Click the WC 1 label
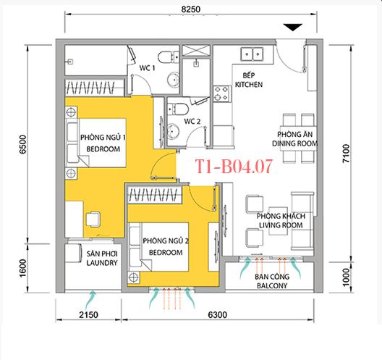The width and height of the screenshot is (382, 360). click(148, 68)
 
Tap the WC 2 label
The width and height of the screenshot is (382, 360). click(191, 122)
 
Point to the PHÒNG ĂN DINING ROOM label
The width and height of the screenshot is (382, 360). click(297, 139)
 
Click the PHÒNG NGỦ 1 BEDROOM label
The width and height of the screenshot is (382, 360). click(103, 142)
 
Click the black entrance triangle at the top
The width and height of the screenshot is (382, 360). click(292, 28)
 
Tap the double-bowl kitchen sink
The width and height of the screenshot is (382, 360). click(253, 53)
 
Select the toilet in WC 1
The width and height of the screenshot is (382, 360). click(165, 56)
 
